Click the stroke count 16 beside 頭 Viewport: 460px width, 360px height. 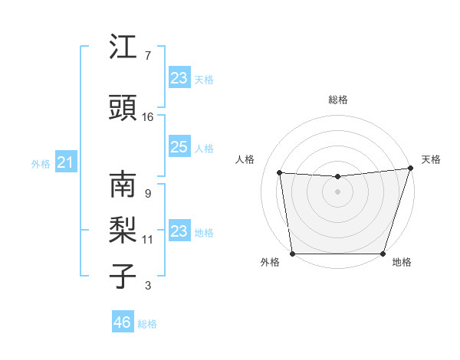click(148, 117)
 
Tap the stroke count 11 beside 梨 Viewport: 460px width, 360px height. click(148, 240)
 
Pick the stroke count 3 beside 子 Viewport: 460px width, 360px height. click(147, 286)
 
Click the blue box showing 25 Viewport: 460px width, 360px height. click(179, 148)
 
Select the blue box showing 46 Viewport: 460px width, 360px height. click(123, 322)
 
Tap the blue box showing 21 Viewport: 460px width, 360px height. click(66, 162)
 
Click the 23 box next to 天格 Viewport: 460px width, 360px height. click(179, 77)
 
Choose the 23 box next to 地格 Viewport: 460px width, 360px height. click(179, 231)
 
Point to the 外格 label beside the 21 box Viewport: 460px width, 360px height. click(41, 164)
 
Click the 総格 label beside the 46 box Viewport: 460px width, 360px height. click(148, 324)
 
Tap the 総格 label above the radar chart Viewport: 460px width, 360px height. click(338, 100)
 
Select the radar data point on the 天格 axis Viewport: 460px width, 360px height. click(410, 169)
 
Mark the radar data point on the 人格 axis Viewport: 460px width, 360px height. click(280, 173)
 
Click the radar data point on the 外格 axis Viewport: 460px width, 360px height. click(293, 253)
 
